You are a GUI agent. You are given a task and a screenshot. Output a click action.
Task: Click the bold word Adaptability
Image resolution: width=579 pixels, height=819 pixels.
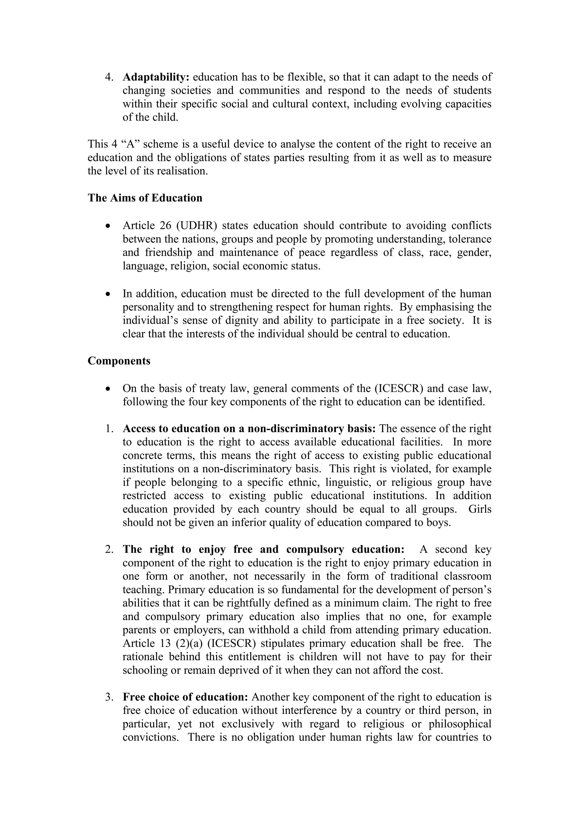pyautogui.click(x=155, y=77)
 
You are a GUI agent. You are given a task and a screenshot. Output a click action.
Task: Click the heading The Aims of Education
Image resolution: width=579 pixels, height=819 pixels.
pyautogui.click(x=145, y=198)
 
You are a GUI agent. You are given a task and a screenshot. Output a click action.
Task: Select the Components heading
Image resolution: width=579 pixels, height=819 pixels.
pyautogui.click(x=119, y=361)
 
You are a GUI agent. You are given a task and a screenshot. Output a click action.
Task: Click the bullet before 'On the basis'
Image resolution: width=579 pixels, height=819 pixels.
pyautogui.click(x=108, y=389)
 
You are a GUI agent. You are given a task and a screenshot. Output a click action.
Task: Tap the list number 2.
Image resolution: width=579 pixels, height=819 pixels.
pyautogui.click(x=109, y=549)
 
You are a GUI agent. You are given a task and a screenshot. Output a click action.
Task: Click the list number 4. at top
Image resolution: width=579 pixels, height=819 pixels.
pyautogui.click(x=109, y=77)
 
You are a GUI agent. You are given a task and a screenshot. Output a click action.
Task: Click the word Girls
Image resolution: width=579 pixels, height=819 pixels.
pyautogui.click(x=480, y=509)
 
